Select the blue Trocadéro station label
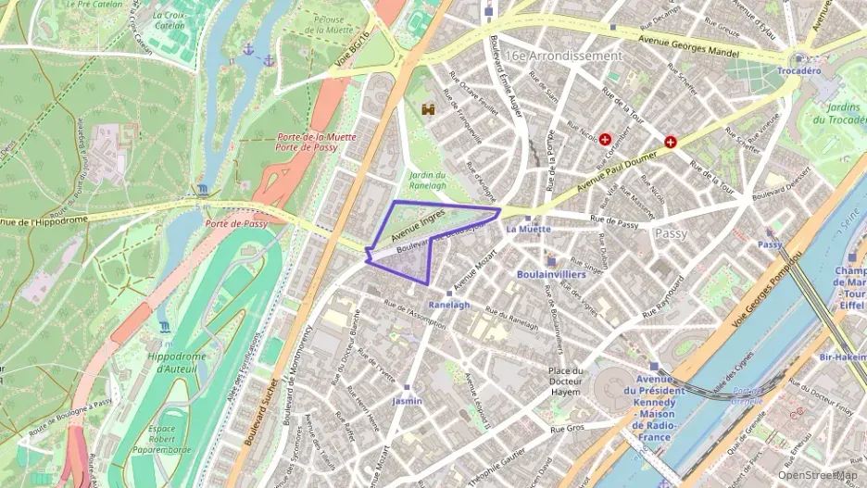[798, 70]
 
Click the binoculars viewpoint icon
[429, 109]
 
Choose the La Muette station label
[528, 229]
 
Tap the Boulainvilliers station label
[550, 274]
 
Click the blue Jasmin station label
[407, 401]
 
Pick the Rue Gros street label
[567, 429]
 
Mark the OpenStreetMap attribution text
[816, 474]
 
